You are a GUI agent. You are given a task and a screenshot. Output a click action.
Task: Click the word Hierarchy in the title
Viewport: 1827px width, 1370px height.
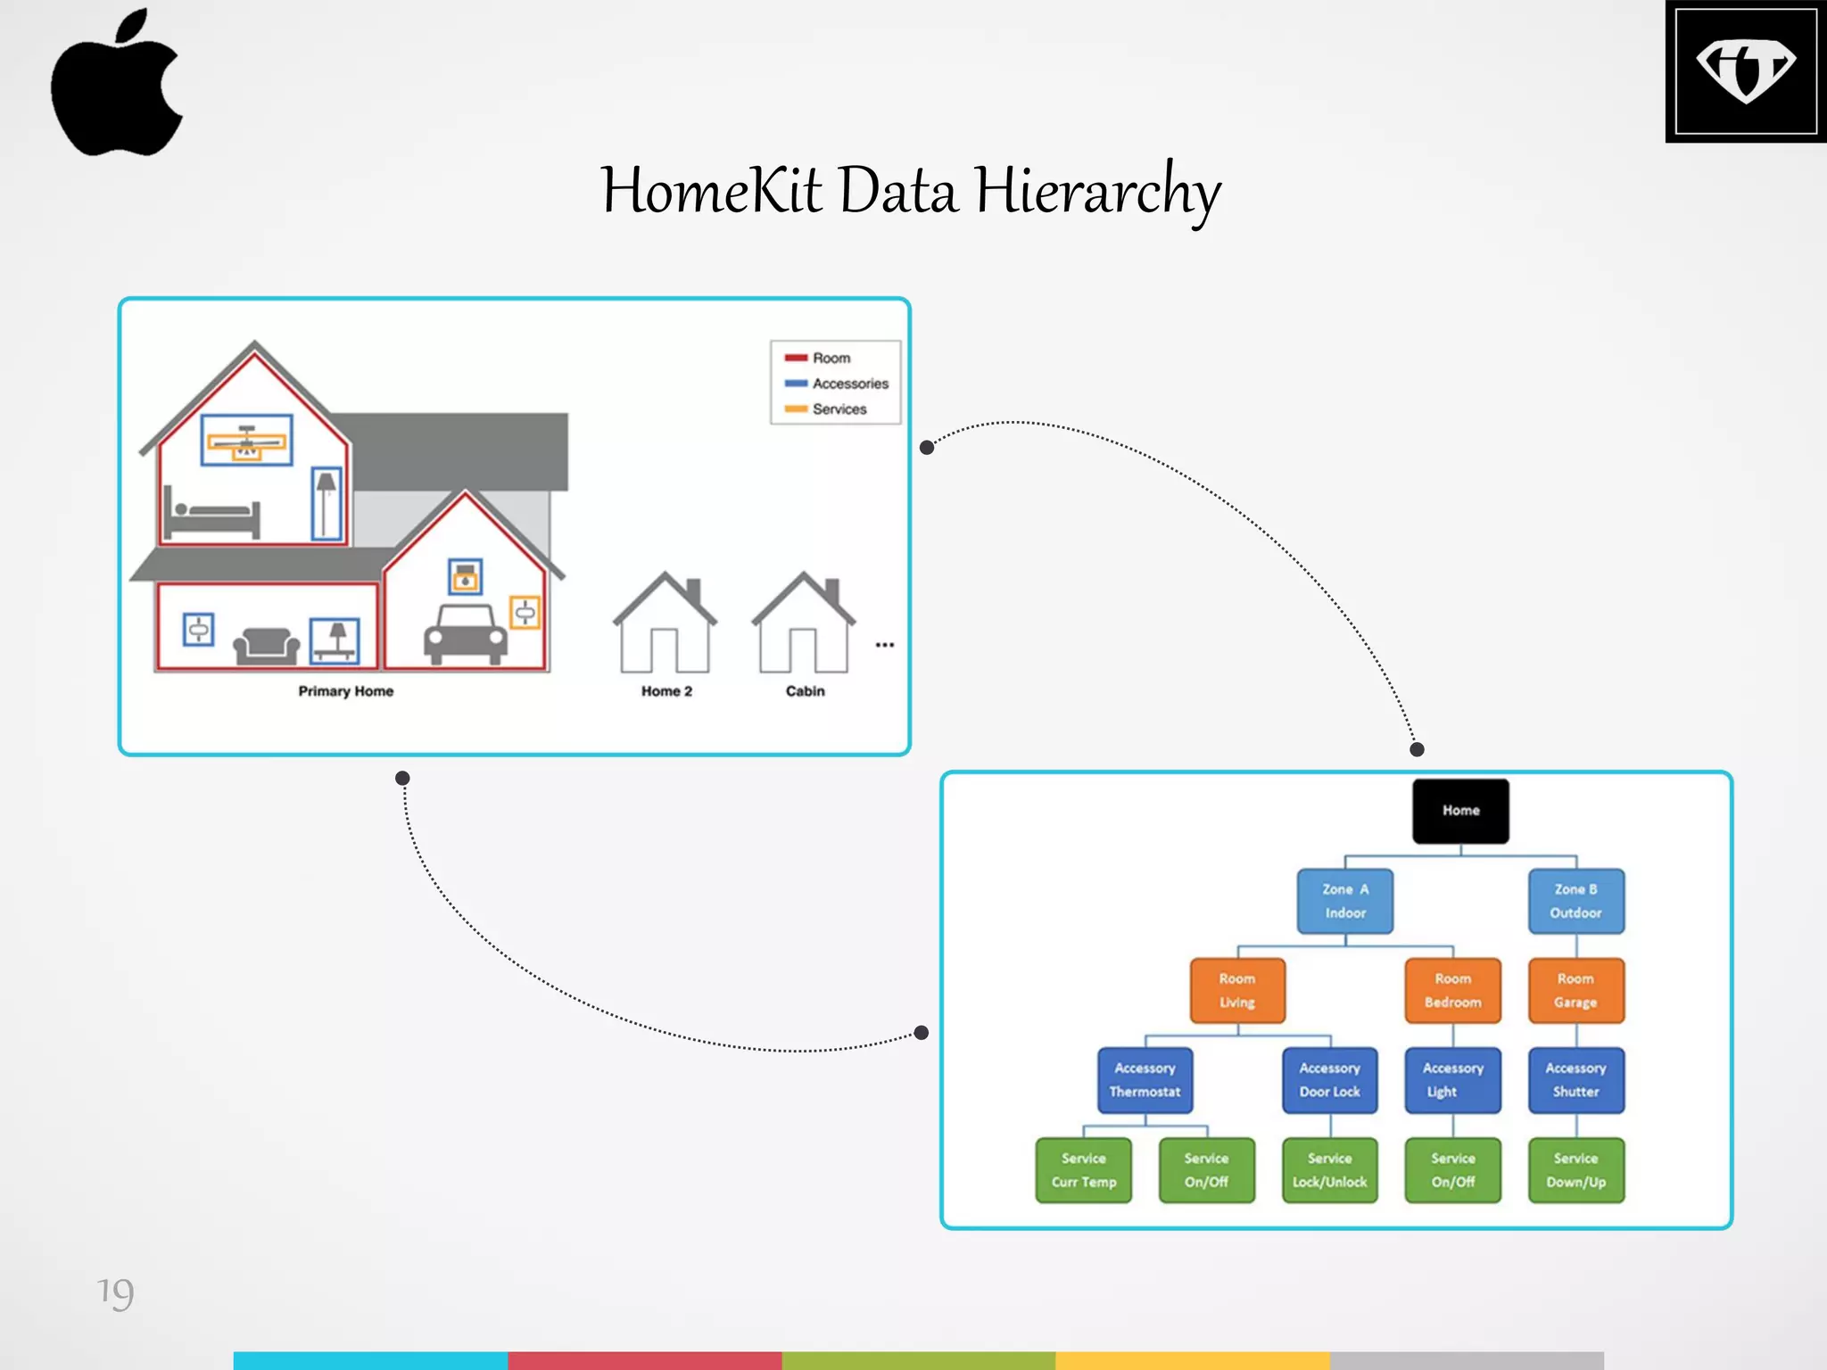tap(1097, 191)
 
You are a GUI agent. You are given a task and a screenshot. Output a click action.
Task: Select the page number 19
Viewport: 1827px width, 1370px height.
tap(115, 1292)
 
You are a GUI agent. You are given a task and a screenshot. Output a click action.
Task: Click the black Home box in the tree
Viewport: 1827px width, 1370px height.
tap(1460, 811)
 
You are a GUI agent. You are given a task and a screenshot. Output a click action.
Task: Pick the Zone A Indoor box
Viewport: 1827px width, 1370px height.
tap(1344, 901)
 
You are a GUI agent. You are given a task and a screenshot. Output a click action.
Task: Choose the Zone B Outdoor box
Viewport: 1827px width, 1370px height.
tap(1575, 901)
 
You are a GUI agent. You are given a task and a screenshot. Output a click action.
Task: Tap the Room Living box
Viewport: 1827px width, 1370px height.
tap(1237, 990)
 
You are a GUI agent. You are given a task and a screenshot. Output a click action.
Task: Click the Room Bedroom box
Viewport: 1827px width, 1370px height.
tap(1452, 990)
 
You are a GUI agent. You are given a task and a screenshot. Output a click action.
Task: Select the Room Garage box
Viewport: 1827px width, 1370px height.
tap(1575, 990)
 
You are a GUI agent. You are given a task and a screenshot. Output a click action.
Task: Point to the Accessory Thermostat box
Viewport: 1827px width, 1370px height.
tap(1145, 1080)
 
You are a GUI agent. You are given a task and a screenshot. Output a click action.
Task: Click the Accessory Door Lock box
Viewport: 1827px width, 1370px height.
tap(1329, 1080)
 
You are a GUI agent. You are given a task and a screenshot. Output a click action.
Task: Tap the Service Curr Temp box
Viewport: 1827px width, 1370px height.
tap(1083, 1170)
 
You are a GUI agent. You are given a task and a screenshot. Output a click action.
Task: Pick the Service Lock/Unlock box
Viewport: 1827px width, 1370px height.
tap(1329, 1170)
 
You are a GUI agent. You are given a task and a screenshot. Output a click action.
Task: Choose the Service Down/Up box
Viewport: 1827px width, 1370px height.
tap(1575, 1170)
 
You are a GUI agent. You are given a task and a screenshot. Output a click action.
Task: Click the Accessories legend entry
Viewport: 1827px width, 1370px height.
tap(849, 384)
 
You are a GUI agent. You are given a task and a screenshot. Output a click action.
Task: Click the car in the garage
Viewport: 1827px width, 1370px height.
tap(465, 634)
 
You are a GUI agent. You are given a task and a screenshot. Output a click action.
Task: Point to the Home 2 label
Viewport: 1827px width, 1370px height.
tap(666, 691)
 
